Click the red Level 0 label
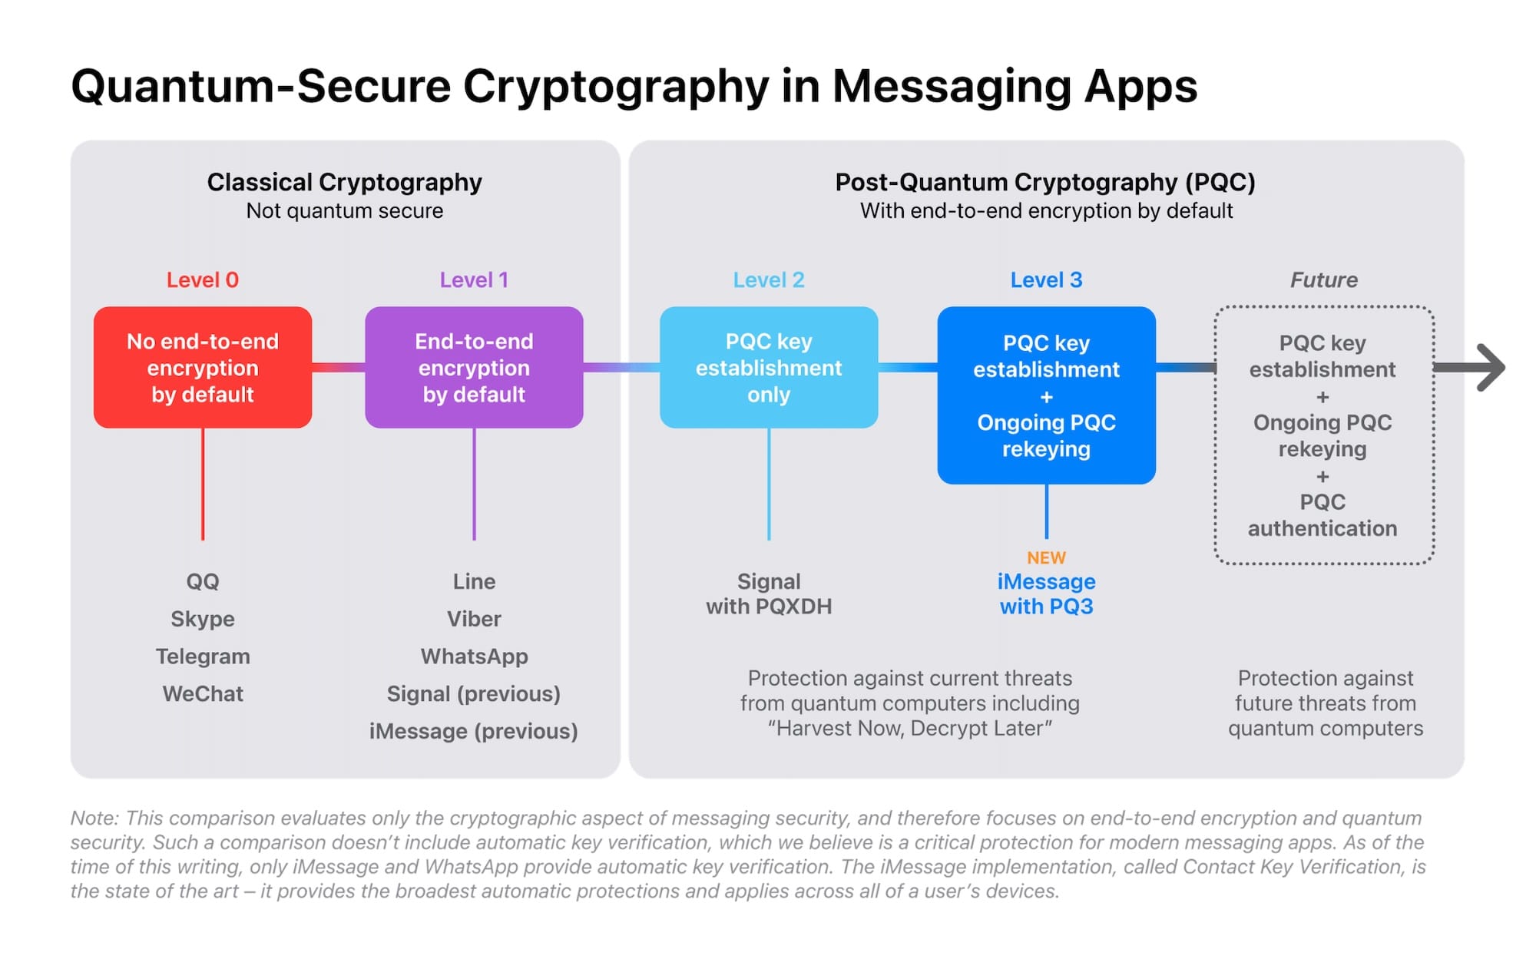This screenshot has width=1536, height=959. coord(203,280)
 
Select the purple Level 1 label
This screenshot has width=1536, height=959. coord(474,280)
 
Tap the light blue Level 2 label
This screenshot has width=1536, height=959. coord(769,280)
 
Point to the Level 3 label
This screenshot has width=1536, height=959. coord(1046,280)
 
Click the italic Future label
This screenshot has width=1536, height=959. coord(1323,280)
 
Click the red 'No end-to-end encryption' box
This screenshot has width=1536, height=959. coord(203,367)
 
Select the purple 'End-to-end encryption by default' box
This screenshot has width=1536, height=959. coord(474,367)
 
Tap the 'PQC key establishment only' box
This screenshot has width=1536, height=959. coord(769,367)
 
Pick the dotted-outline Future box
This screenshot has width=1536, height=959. coord(1215,435)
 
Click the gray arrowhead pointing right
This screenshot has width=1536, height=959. coord(1494,368)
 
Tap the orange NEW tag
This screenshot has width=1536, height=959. coord(1046,557)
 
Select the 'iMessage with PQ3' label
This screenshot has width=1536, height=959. coord(1046,594)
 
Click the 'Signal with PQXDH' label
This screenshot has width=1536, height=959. coord(769,594)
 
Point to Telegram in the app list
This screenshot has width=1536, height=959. coord(203,656)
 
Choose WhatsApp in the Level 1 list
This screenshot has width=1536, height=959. coord(474,656)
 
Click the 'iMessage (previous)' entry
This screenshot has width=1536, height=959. coord(473,731)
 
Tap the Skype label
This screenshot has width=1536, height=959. coord(203,619)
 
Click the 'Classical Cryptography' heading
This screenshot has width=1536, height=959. coord(344,183)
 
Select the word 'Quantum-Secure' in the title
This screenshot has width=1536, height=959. coord(260,86)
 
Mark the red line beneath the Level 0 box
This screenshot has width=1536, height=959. coord(203,484)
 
